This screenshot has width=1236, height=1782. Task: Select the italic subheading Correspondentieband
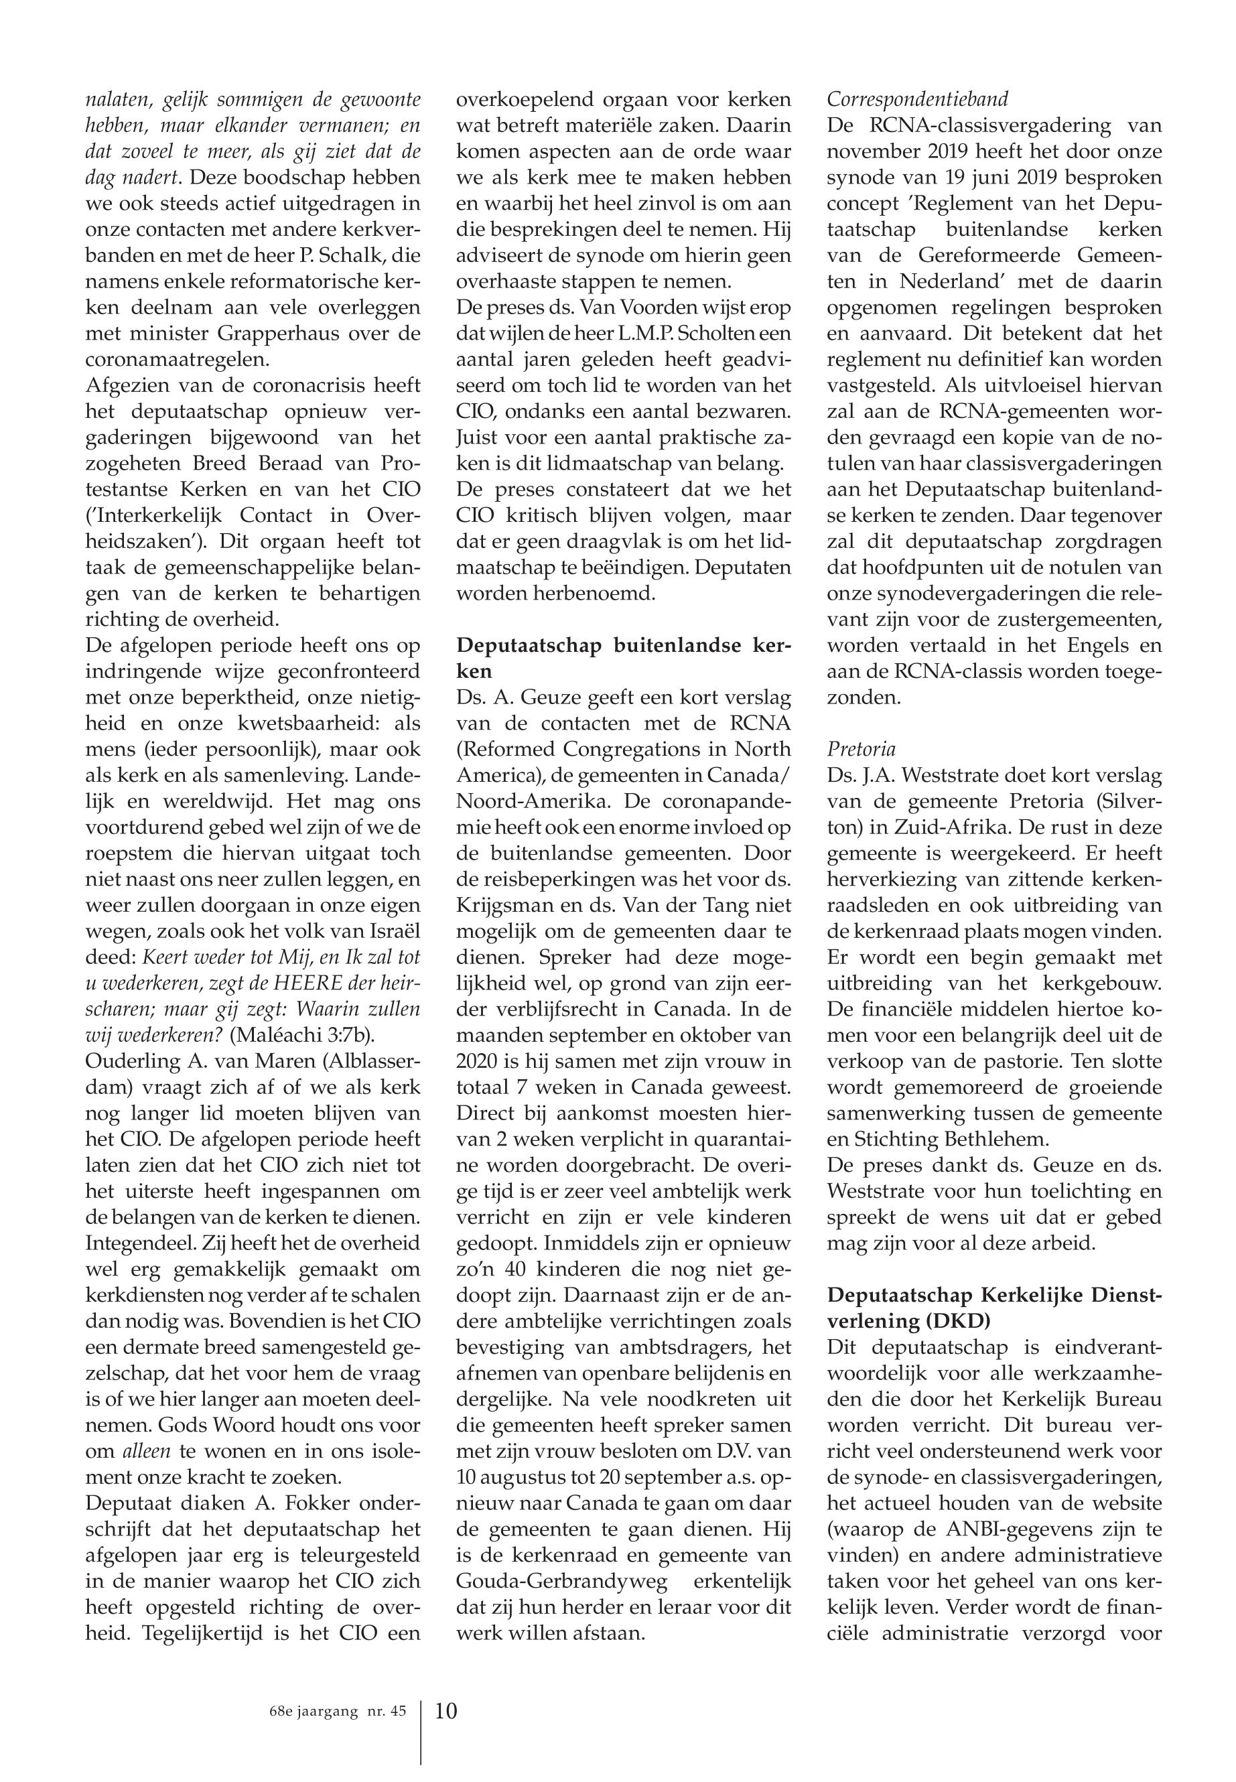pyautogui.click(x=918, y=99)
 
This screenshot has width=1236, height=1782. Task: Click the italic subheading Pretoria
pyautogui.click(x=861, y=749)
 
